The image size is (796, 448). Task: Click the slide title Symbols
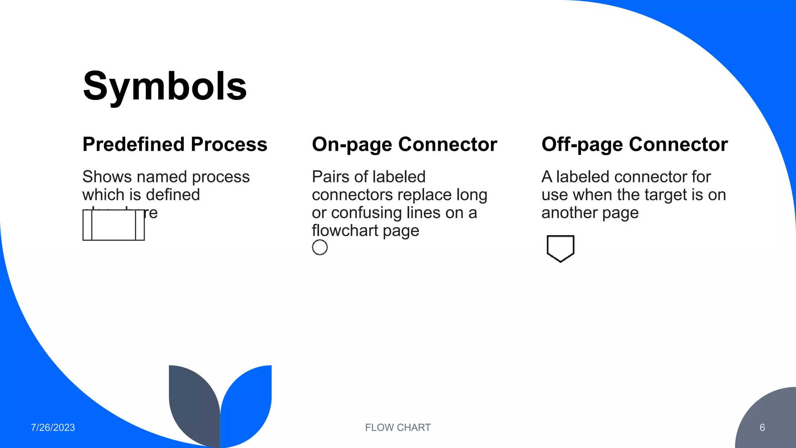(x=165, y=86)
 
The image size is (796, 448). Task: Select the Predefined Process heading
(x=175, y=145)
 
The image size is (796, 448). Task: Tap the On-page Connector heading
(x=404, y=145)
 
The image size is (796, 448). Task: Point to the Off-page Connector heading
(x=634, y=145)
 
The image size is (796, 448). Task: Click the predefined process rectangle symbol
(x=113, y=225)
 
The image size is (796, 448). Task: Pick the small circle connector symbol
(x=320, y=247)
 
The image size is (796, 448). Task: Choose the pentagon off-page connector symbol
(x=560, y=248)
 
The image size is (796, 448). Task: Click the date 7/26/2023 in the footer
(x=53, y=427)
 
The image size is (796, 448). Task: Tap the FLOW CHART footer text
(x=398, y=427)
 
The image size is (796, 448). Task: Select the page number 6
(x=762, y=427)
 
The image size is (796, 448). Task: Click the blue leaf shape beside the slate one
(x=247, y=404)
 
